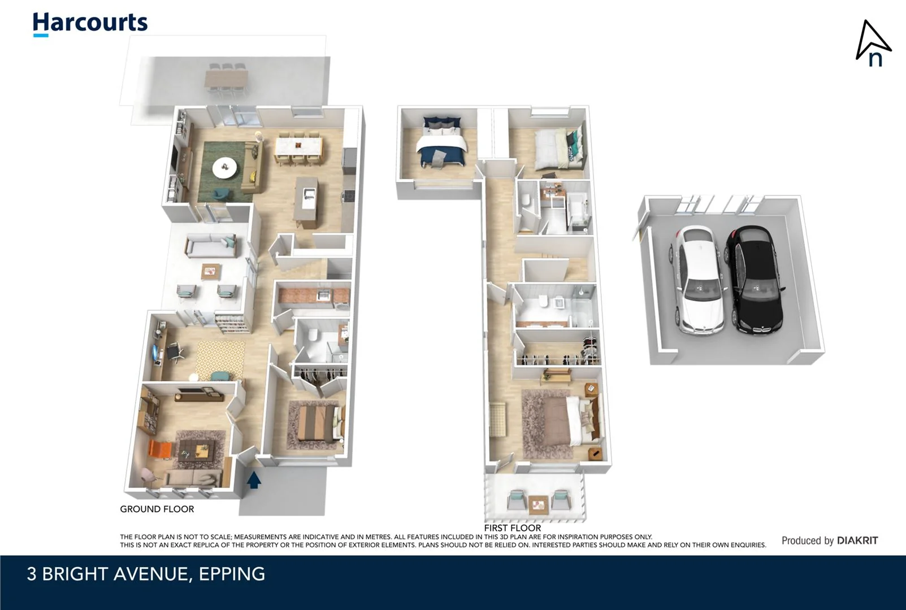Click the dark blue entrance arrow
click(254, 480)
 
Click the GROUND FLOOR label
click(157, 509)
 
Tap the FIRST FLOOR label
click(512, 528)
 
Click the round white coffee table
click(225, 167)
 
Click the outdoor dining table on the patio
click(226, 78)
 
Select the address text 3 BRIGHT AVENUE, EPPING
click(146, 574)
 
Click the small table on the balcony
click(537, 500)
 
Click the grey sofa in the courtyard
click(210, 246)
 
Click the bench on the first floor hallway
click(499, 419)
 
